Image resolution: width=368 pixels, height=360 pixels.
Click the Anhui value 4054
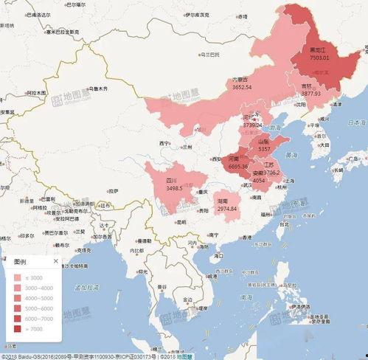(x=259, y=180)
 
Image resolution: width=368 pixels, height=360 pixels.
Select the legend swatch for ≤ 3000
(x=18, y=277)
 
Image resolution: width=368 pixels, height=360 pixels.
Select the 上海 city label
(x=289, y=180)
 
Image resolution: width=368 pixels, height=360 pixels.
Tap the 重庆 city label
(x=197, y=193)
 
